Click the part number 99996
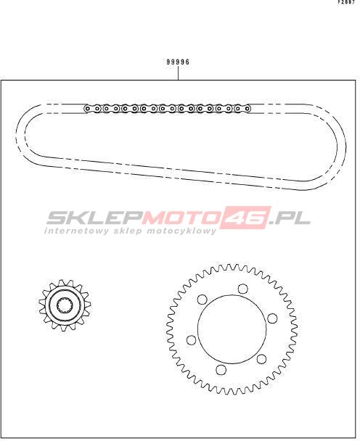(178, 62)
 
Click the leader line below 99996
(178, 73)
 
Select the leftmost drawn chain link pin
(88, 108)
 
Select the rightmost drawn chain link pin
(247, 108)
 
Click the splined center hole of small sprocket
(65, 305)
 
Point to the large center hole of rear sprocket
(232, 329)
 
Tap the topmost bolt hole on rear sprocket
(242, 289)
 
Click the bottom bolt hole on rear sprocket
(221, 370)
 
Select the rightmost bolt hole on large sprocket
(272, 318)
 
